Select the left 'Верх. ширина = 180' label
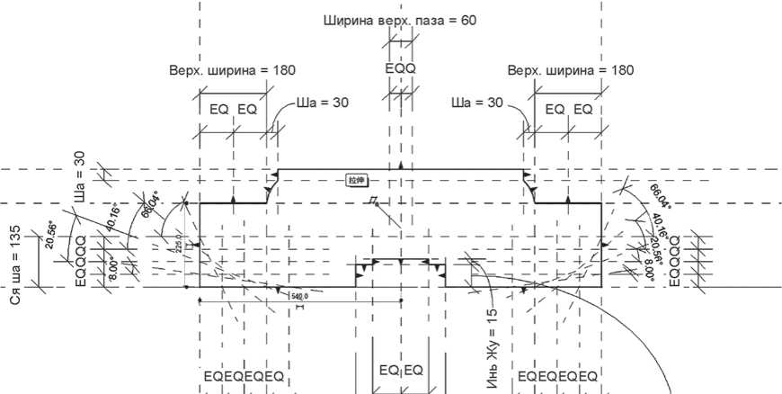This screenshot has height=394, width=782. click(x=232, y=70)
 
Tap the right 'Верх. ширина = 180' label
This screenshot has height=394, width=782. click(x=571, y=70)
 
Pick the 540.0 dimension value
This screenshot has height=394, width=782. click(x=298, y=295)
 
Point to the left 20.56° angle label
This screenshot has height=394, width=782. click(x=51, y=237)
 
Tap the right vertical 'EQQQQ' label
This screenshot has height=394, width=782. click(x=675, y=260)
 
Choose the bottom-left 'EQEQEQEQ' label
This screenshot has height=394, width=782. click(x=244, y=375)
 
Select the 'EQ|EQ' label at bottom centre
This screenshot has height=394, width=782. click(x=401, y=371)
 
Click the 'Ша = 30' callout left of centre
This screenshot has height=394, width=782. click(x=324, y=103)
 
